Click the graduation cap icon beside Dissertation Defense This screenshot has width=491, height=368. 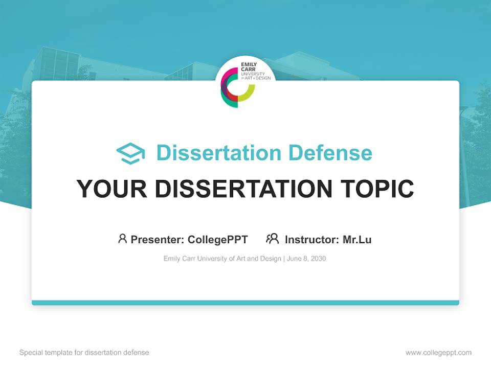coord(130,153)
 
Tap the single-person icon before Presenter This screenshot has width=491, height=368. coord(122,239)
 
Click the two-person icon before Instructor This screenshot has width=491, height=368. coord(273,239)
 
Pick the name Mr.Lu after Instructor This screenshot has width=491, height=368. coord(357,239)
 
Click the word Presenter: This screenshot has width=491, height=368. coord(158,239)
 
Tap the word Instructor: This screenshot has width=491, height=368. coord(311,239)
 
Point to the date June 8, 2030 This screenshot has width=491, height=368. coord(306,259)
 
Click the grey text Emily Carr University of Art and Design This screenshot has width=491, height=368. coord(222,259)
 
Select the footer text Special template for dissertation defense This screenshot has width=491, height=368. coord(84,353)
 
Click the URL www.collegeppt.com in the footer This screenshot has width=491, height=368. coord(438,353)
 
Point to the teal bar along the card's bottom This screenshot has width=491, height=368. coord(245,303)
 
